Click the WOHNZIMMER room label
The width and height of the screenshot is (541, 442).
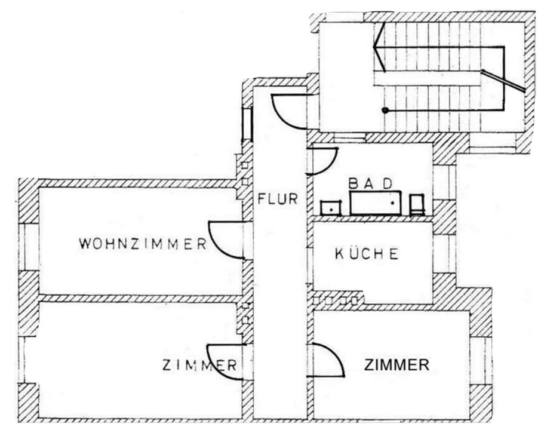click(143, 244)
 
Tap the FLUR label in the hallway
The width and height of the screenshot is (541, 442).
click(278, 199)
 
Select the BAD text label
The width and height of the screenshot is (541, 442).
click(371, 183)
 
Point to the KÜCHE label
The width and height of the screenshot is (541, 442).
click(367, 254)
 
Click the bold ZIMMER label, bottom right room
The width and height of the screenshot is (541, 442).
click(396, 365)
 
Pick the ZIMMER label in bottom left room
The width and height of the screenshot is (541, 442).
click(199, 365)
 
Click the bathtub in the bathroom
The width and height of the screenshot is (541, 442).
click(376, 203)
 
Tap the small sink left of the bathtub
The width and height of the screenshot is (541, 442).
click(331, 208)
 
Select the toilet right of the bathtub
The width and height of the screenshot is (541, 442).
click(417, 205)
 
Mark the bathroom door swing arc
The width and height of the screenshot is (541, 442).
click(322, 161)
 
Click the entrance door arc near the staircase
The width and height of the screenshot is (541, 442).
click(289, 112)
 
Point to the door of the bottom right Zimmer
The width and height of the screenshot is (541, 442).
click(325, 360)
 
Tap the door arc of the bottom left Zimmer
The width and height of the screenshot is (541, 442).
click(225, 362)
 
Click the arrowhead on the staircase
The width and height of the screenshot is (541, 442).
click(379, 47)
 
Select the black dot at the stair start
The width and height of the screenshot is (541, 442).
click(385, 110)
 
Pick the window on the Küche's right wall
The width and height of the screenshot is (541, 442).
click(445, 254)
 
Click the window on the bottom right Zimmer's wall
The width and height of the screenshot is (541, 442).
click(481, 361)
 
